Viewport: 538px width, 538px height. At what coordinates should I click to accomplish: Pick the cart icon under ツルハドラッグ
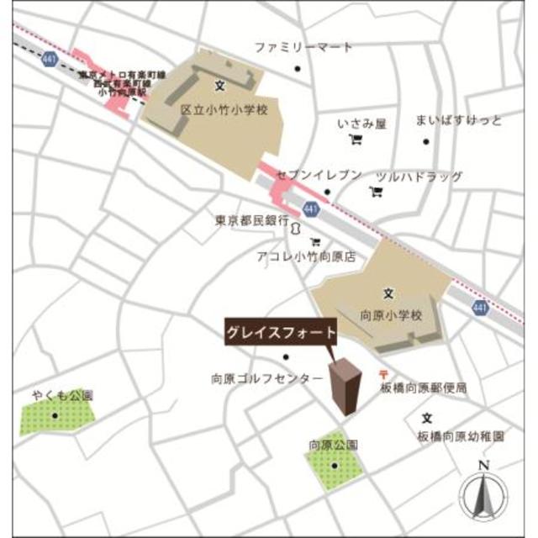pos(376,192)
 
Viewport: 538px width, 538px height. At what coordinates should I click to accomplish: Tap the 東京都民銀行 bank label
pos(251,220)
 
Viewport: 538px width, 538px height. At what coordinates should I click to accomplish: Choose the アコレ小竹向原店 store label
pos(309,258)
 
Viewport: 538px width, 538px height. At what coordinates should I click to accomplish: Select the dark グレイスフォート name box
pos(281,333)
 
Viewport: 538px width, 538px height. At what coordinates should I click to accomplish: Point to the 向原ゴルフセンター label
pos(267,379)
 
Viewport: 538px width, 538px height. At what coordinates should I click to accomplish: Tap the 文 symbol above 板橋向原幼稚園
pos(427,418)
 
